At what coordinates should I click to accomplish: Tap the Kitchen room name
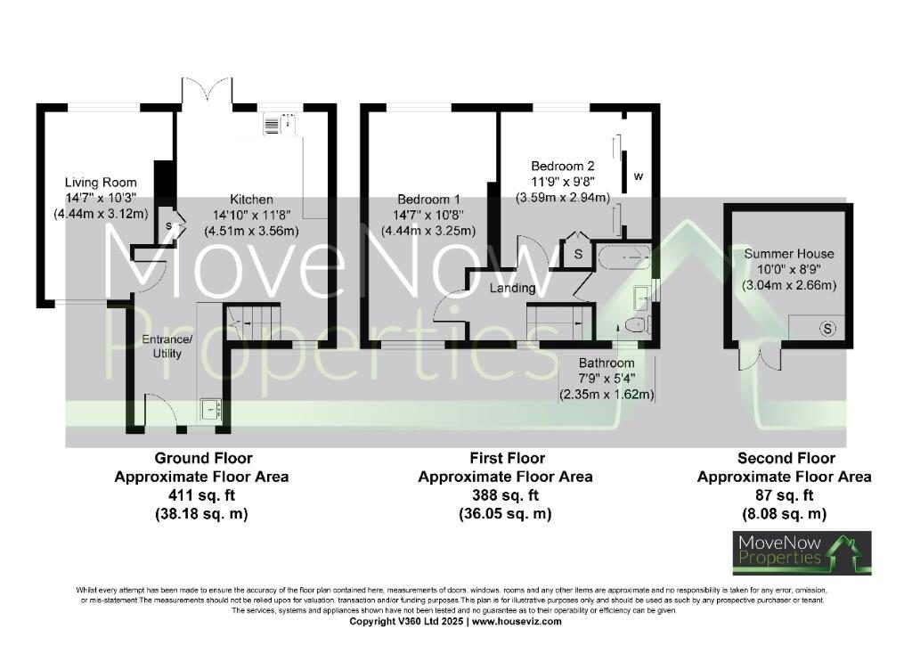tap(251, 200)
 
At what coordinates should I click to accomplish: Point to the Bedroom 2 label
tap(562, 166)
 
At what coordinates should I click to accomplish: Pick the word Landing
tap(512, 288)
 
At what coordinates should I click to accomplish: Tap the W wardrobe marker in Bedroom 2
tap(638, 176)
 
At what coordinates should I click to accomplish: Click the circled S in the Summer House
tap(828, 329)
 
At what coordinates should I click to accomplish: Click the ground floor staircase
tap(254, 321)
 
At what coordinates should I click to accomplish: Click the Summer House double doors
tap(766, 356)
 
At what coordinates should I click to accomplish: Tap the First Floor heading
tap(505, 458)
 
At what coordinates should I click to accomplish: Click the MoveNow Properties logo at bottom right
tap(802, 552)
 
